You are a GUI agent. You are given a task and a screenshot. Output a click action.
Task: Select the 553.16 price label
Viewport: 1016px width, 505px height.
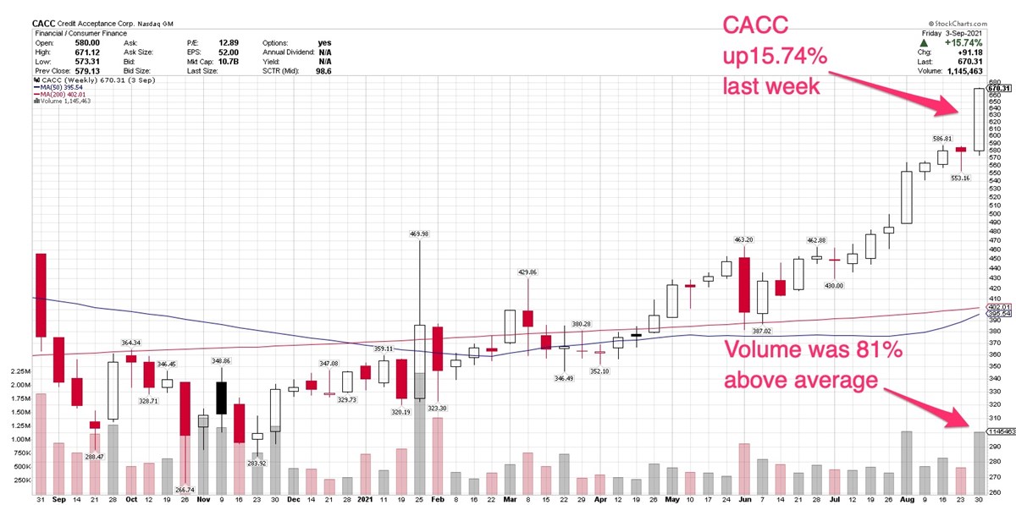point(959,178)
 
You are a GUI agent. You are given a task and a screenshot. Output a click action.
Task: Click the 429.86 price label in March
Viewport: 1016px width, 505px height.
point(528,272)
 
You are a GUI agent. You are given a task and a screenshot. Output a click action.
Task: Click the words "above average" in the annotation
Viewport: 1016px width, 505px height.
point(799,381)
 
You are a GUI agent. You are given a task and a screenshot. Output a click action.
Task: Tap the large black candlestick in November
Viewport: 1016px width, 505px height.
point(221,398)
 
